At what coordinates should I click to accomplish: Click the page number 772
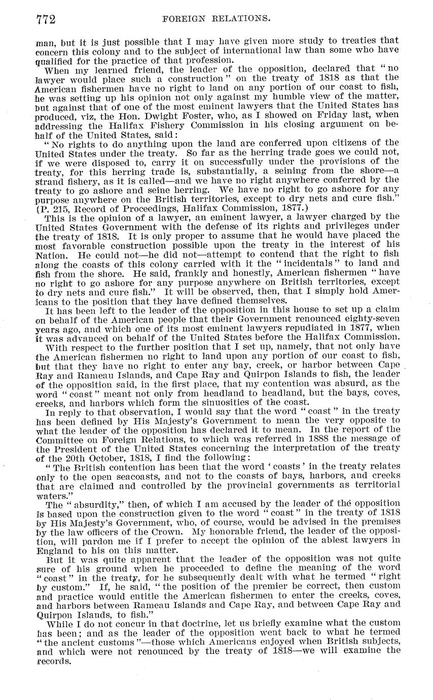(46, 19)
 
